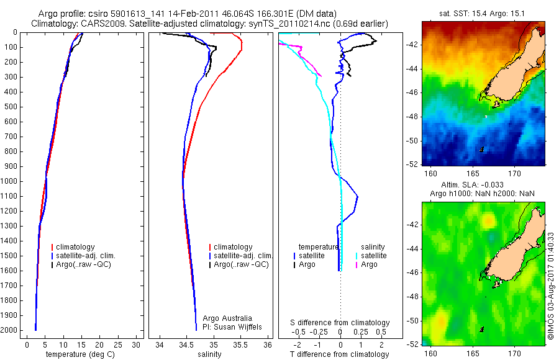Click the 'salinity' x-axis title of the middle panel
[209, 354]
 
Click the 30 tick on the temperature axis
[137, 344]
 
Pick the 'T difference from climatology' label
[340, 354]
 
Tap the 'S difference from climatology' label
[340, 323]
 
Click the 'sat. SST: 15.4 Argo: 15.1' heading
[483, 13]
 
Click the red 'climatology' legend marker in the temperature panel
[53, 247]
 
